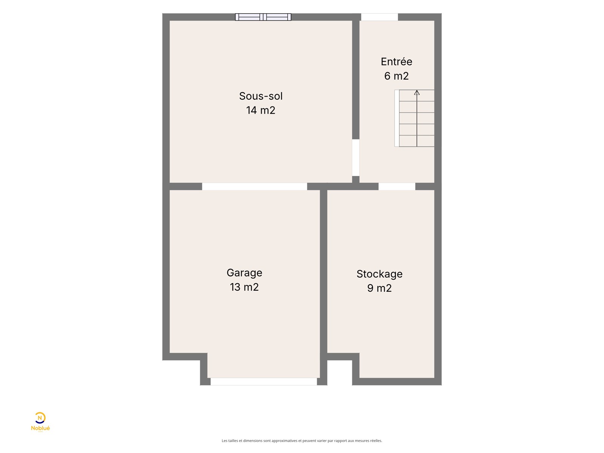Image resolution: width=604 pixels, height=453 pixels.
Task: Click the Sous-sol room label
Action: tap(260, 96)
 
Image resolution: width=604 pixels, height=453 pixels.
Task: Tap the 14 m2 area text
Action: tap(260, 110)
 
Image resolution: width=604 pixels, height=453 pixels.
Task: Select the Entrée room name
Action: tap(396, 61)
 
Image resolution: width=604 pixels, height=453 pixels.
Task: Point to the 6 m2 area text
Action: tap(396, 76)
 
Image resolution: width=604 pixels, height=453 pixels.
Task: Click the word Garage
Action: tap(244, 273)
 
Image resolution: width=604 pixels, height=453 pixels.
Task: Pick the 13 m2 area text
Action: tap(244, 287)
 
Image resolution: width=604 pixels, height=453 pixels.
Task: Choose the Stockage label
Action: tap(379, 274)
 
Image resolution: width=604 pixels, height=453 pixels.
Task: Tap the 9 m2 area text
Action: tap(379, 288)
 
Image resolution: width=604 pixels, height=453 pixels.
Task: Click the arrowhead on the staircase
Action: tap(417, 93)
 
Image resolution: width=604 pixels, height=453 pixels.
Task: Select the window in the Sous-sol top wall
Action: tap(263, 17)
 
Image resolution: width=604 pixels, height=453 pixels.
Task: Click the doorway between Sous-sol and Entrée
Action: tap(356, 157)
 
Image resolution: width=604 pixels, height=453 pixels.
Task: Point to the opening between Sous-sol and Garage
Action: tap(254, 186)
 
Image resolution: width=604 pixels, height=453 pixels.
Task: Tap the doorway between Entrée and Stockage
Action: tap(397, 186)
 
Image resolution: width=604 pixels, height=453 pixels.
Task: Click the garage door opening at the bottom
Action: tap(263, 382)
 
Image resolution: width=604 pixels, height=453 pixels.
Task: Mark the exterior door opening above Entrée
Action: tap(379, 17)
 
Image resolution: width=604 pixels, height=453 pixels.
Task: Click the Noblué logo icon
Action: tap(40, 418)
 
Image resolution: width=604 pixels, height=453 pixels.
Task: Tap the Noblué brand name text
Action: tap(40, 428)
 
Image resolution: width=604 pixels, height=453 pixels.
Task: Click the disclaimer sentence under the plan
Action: tap(302, 441)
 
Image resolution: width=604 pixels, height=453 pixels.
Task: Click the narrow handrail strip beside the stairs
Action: tap(397, 118)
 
